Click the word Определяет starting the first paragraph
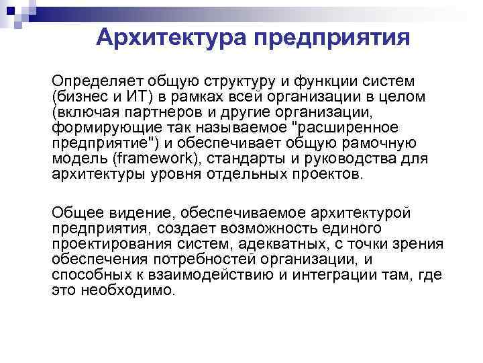click(x=95, y=81)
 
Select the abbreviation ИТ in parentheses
click(x=142, y=97)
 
